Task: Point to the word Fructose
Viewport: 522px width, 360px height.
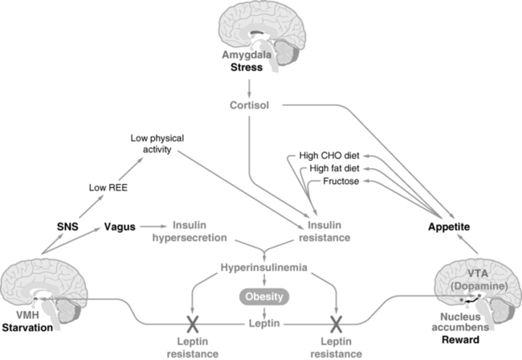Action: [341, 183]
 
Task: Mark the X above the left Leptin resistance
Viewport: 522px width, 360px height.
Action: [192, 325]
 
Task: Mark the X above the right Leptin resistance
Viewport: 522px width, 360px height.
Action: [336, 325]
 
